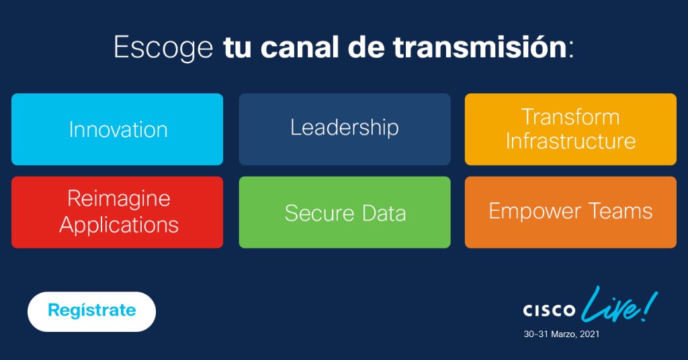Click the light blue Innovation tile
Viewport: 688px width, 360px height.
pyautogui.click(x=118, y=129)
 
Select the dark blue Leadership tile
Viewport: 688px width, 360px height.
pyautogui.click(x=345, y=128)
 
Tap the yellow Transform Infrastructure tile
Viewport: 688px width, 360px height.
pyautogui.click(x=570, y=129)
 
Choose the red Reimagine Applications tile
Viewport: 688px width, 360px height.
pyautogui.click(x=118, y=212)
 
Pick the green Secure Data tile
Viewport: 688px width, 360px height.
pyautogui.click(x=345, y=212)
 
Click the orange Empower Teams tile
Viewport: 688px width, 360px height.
pyautogui.click(x=570, y=212)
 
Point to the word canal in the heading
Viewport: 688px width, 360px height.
pyautogui.click(x=301, y=48)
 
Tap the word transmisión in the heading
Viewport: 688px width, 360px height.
pyautogui.click(x=480, y=48)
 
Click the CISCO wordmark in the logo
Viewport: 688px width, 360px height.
pyautogui.click(x=549, y=311)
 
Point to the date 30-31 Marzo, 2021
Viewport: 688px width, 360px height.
pyautogui.click(x=562, y=334)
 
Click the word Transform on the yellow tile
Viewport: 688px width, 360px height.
pyautogui.click(x=570, y=117)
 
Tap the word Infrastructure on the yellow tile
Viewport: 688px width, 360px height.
pyautogui.click(x=570, y=141)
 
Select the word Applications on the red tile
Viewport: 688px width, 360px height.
pyautogui.click(x=119, y=224)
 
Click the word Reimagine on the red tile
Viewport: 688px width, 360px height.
pyautogui.click(x=119, y=199)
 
